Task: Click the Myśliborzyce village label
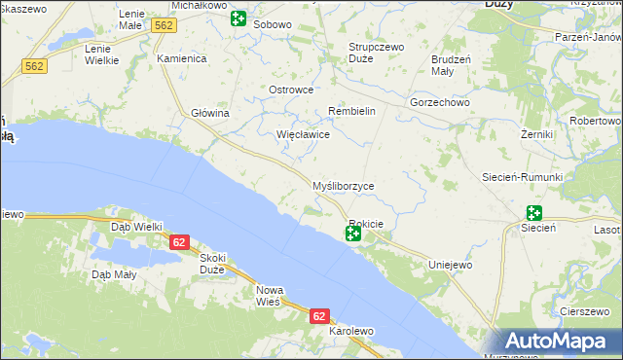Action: pyautogui.click(x=342, y=186)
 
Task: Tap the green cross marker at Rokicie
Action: pyautogui.click(x=353, y=234)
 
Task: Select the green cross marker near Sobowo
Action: pyautogui.click(x=238, y=18)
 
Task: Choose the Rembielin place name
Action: pyautogui.click(x=351, y=111)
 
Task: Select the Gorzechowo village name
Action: pyautogui.click(x=440, y=101)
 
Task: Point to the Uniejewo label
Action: pyautogui.click(x=450, y=265)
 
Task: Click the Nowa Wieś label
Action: pyautogui.click(x=269, y=296)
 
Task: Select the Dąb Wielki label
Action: pyautogui.click(x=136, y=227)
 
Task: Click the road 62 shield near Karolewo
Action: pyautogui.click(x=320, y=316)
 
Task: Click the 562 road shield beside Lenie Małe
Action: pyautogui.click(x=164, y=26)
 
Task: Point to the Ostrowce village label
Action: pyautogui.click(x=290, y=90)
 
